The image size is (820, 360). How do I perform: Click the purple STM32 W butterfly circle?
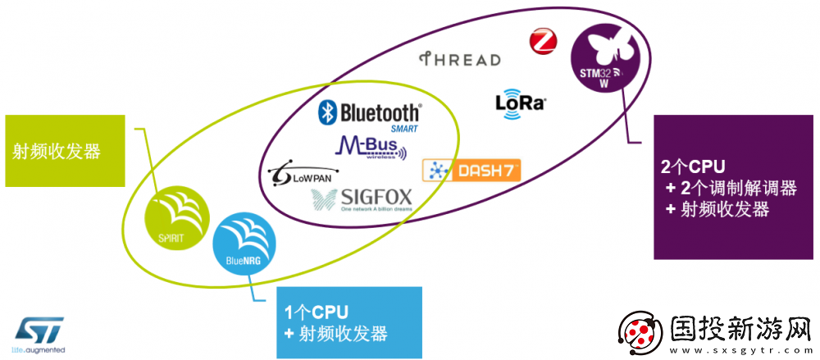point(608,58)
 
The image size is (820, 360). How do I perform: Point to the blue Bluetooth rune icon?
point(328,112)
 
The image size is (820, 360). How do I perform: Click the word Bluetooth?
point(379,112)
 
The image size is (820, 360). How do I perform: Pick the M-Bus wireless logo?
point(370,148)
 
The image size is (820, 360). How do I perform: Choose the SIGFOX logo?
point(362,200)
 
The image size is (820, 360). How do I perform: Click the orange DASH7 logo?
point(471,170)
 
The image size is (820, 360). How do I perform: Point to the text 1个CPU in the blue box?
point(317,312)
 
